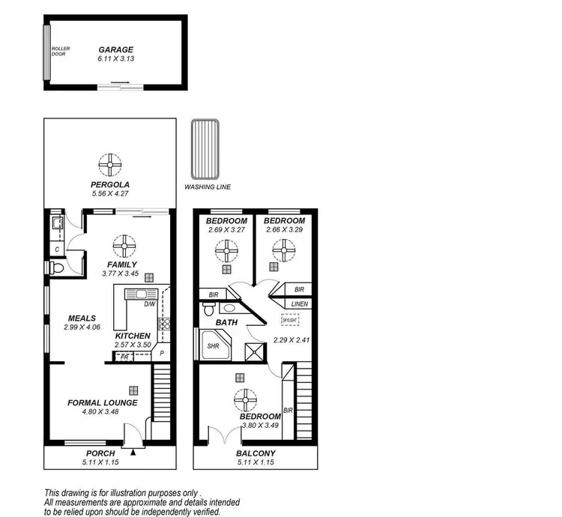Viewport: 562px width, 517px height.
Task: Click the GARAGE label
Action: [x=115, y=49]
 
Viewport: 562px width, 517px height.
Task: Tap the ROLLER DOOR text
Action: [x=61, y=52]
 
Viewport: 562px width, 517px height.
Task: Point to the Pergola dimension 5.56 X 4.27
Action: [x=110, y=194]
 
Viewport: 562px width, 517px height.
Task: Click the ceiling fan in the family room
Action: [x=121, y=245]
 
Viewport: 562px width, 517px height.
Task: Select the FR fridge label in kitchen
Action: [x=125, y=357]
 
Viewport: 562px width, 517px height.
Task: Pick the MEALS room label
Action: [x=82, y=318]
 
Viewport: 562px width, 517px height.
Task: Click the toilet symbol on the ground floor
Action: [x=57, y=267]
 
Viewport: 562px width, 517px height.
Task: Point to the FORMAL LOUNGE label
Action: [x=102, y=402]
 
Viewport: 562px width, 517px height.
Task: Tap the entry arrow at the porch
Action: [x=134, y=451]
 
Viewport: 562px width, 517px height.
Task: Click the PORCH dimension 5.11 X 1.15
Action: [x=100, y=462]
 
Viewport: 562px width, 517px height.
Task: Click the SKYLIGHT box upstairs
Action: [x=289, y=320]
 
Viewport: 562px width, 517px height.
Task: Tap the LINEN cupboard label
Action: [x=300, y=303]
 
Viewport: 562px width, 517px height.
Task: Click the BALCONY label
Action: [x=256, y=453]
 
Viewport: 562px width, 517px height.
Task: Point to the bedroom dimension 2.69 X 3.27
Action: [x=226, y=230]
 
